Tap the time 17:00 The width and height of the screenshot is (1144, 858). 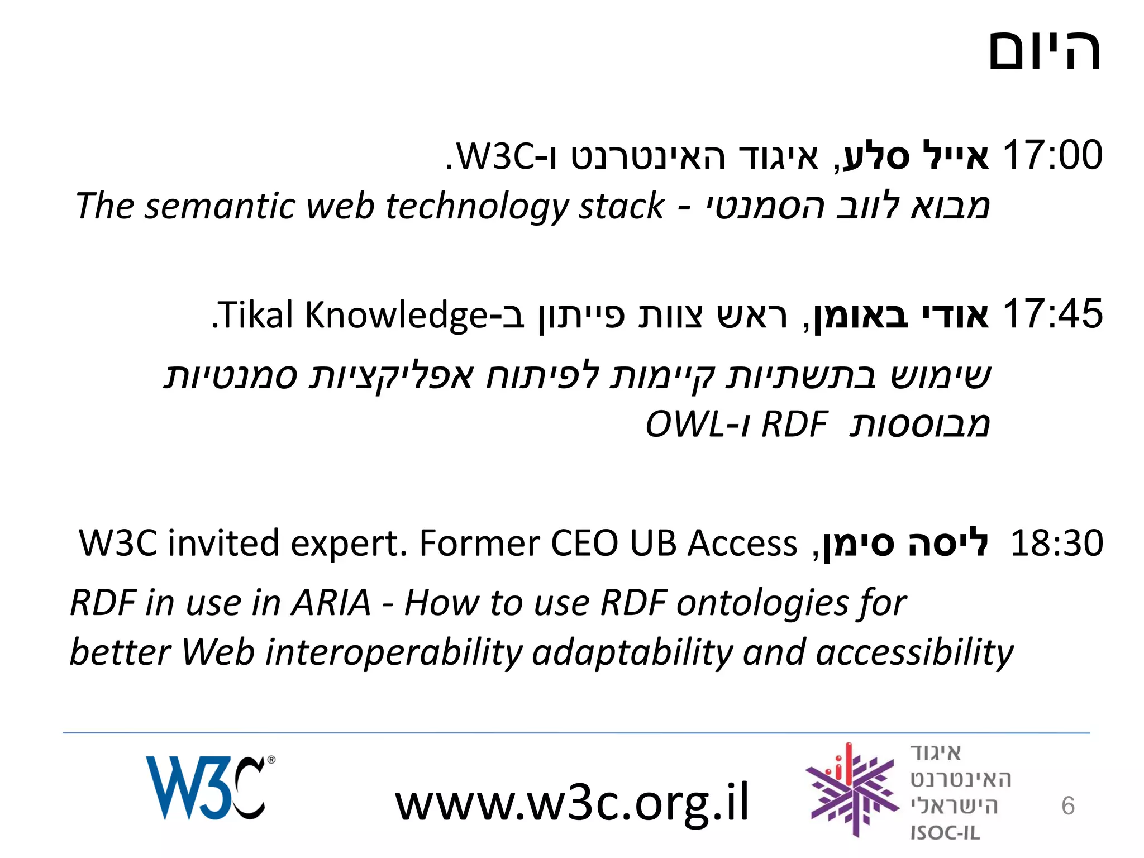tap(1053, 155)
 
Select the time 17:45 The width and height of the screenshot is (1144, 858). tap(1053, 313)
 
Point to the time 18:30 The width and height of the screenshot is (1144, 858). tap(1056, 542)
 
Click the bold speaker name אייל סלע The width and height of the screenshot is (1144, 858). tap(916, 156)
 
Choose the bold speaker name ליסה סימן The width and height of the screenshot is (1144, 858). tap(905, 544)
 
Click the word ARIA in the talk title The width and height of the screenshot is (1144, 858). tap(332, 603)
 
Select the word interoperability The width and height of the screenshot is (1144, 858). tap(394, 652)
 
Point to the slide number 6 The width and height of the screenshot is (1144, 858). tap(1067, 805)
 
